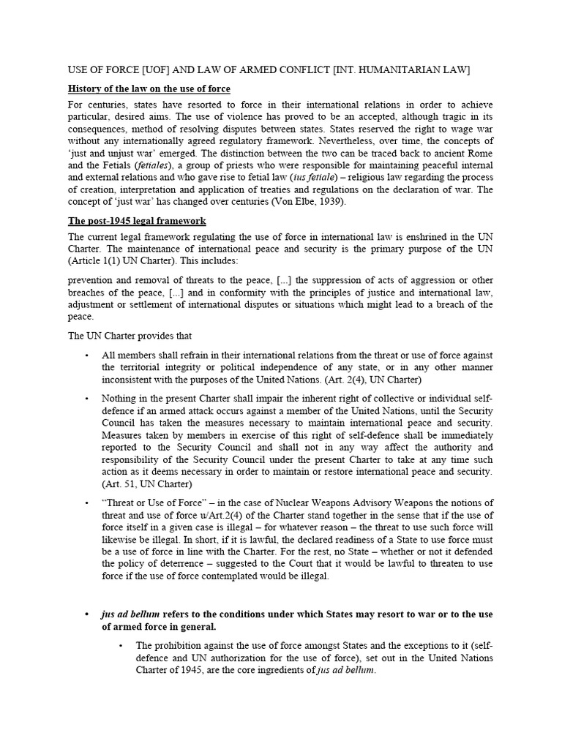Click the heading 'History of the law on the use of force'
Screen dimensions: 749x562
click(149, 89)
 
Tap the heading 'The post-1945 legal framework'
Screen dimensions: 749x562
click(137, 220)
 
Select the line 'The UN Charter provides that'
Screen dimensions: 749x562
click(130, 336)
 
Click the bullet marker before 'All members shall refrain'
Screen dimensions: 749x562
click(86, 355)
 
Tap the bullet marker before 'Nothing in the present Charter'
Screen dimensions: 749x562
click(86, 399)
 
